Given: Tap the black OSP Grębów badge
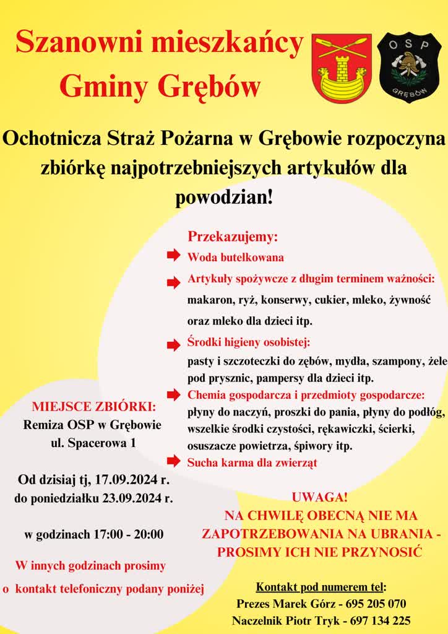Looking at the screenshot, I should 409,67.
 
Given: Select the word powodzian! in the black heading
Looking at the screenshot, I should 224,198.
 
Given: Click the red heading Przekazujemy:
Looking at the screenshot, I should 233,237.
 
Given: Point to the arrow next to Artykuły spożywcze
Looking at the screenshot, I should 173,282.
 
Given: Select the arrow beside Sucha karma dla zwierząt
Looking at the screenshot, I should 173,461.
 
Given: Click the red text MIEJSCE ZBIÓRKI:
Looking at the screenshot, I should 94,407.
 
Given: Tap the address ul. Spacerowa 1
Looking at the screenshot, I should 93,443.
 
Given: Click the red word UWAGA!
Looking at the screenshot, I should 319,497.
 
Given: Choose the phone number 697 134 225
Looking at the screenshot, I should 381,620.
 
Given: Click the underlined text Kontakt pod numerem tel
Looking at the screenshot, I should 320,586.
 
